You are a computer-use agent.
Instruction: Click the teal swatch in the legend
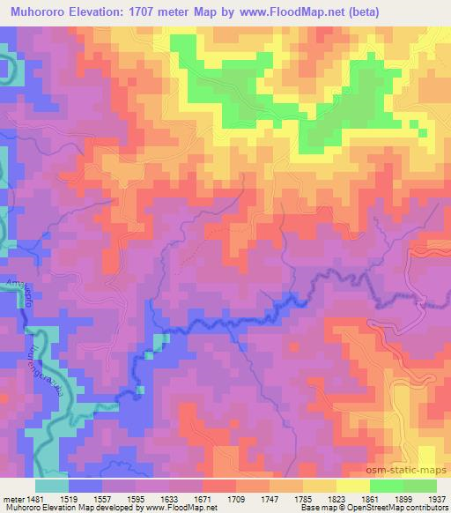[x=52, y=485]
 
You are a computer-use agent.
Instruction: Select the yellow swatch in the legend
[x=352, y=485]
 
